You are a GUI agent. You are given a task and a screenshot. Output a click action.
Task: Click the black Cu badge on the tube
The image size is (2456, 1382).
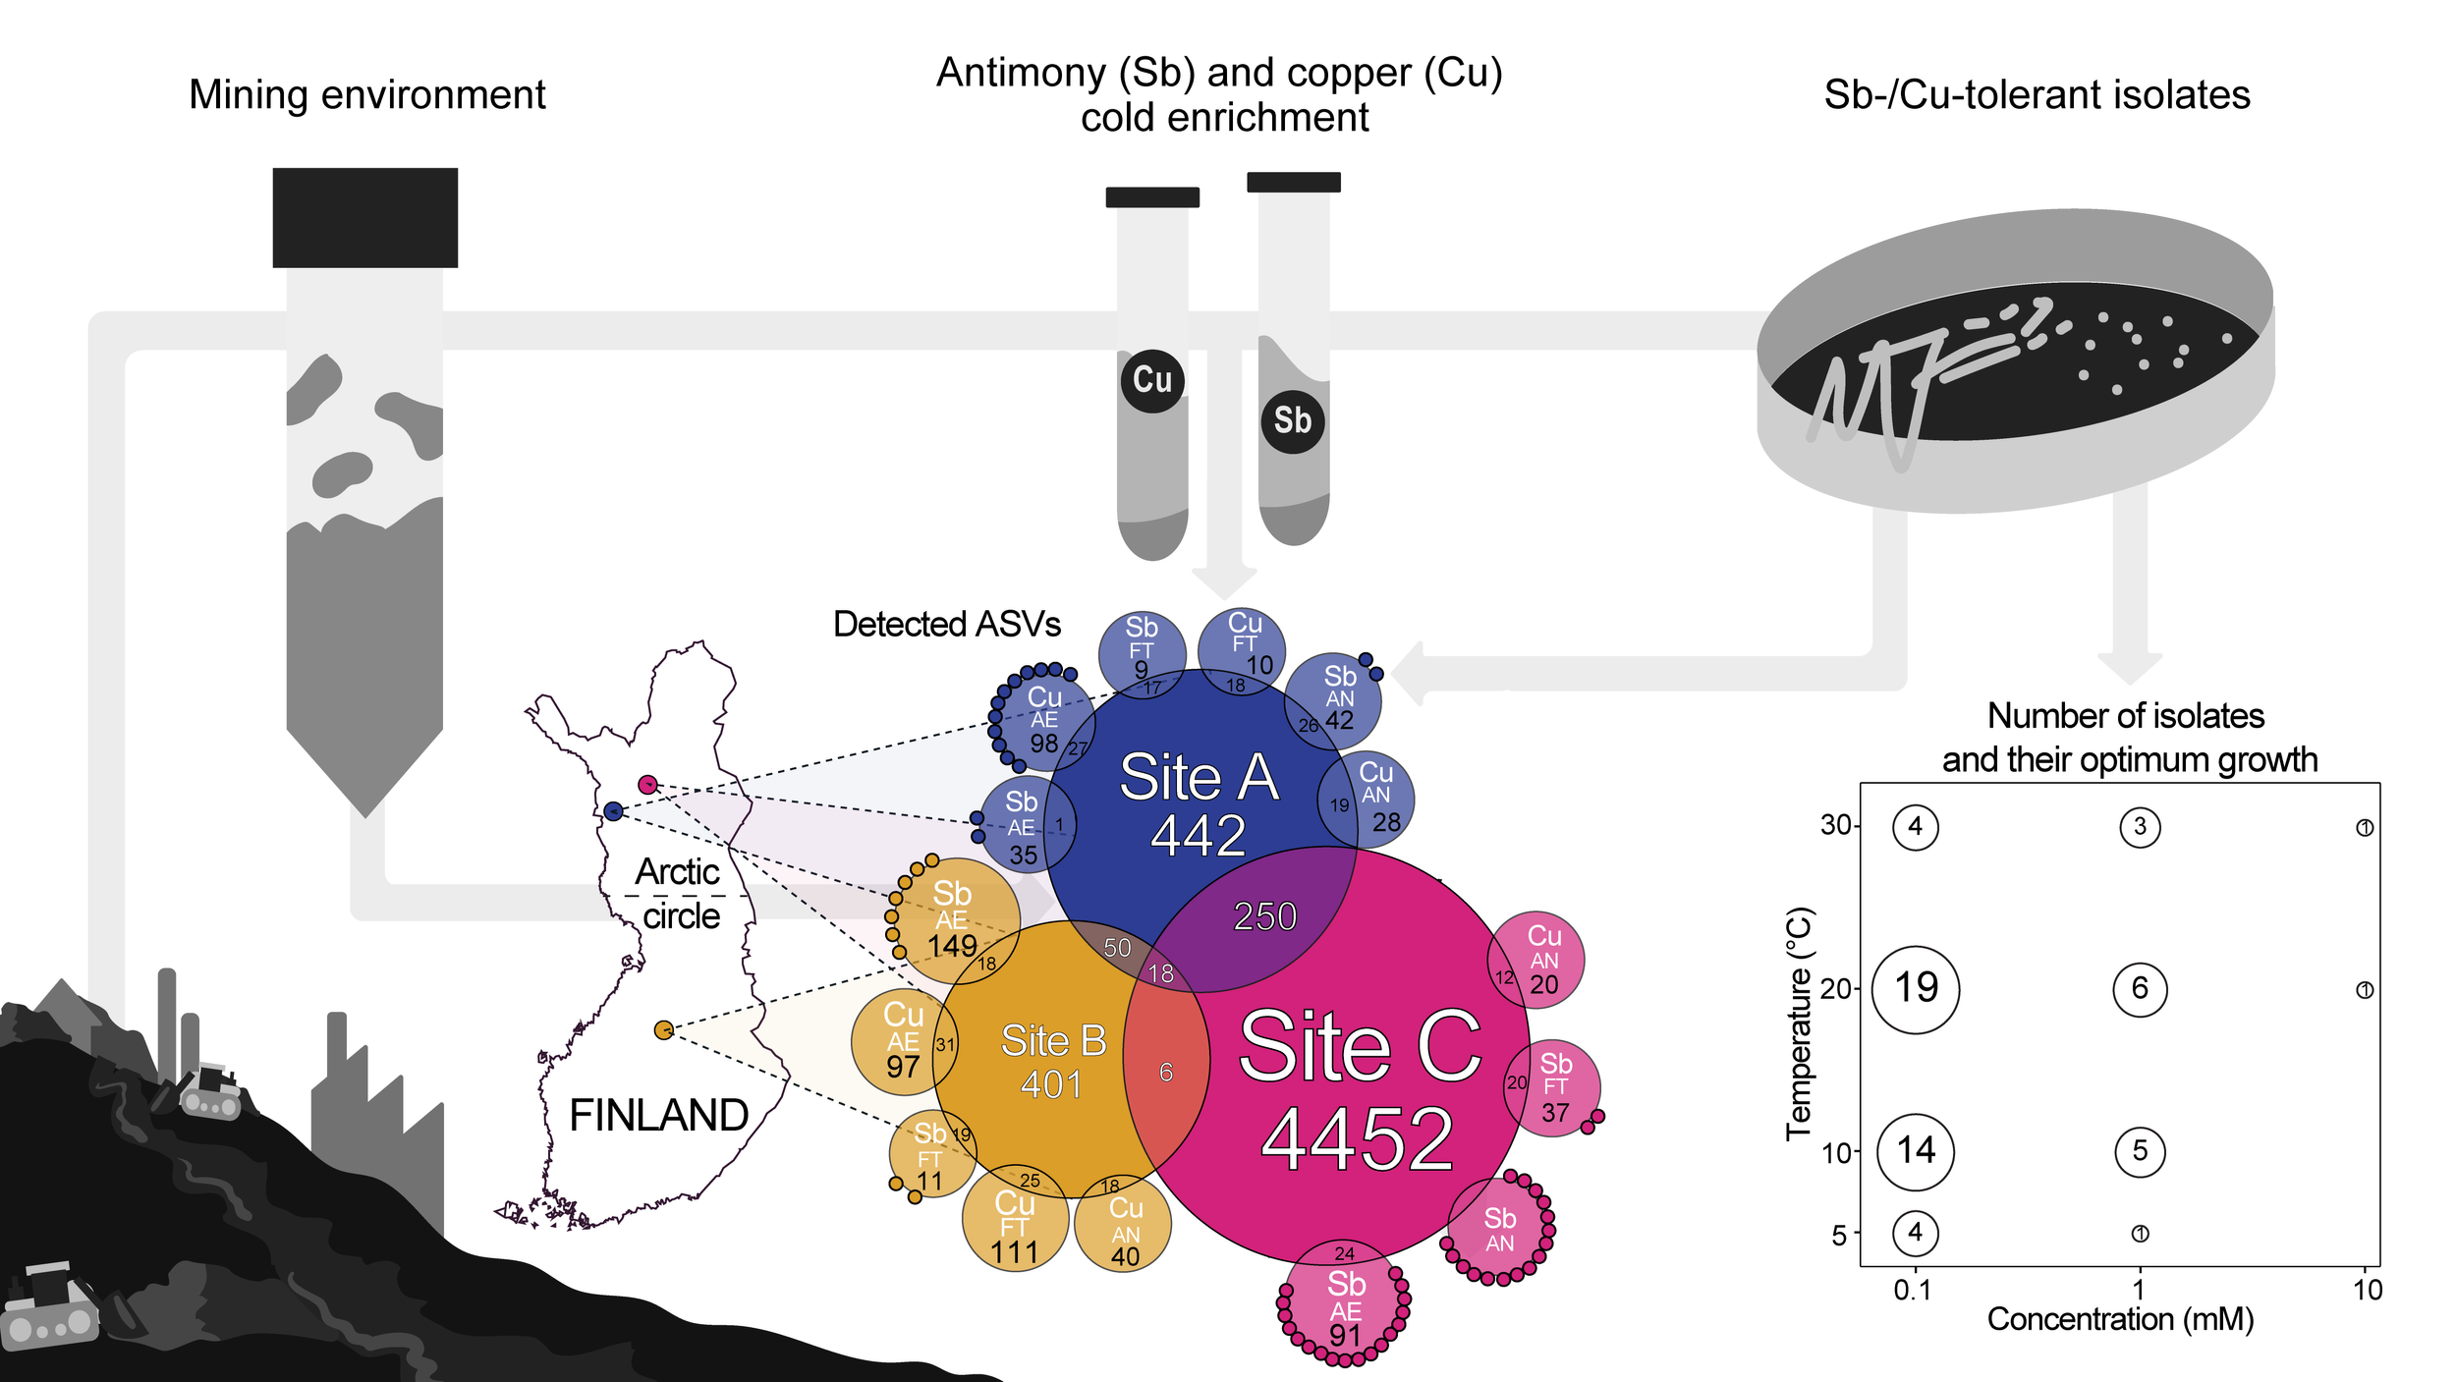coord(1151,380)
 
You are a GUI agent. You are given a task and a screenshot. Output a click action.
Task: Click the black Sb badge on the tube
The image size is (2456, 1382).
coord(1292,421)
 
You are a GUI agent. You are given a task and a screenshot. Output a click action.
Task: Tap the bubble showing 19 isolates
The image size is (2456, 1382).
coord(1915,988)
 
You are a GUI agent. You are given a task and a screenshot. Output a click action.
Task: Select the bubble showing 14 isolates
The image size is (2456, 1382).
coord(1915,1150)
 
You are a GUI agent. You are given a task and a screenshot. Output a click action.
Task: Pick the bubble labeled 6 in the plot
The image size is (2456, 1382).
coord(2139,988)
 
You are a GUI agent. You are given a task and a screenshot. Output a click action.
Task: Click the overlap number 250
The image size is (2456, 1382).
coord(1264,916)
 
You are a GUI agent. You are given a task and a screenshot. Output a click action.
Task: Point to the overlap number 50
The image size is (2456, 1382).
coord(1117,948)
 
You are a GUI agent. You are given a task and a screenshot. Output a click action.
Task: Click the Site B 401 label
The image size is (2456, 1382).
coord(1053,1061)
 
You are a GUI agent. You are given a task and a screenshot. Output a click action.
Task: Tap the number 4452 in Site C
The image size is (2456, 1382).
coord(1357,1139)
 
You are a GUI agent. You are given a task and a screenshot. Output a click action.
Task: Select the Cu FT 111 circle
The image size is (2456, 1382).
coord(1015,1223)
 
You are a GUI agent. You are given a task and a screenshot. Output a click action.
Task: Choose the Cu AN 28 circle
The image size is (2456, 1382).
coord(1375,799)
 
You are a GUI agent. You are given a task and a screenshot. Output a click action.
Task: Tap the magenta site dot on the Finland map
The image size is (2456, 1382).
coord(647,784)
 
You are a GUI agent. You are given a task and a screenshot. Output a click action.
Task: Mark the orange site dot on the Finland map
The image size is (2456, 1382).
coord(664,1029)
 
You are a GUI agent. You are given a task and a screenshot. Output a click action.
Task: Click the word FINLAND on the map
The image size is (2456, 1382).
coord(658,1116)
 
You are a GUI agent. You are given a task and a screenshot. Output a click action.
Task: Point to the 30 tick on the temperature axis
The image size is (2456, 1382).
coord(1835,825)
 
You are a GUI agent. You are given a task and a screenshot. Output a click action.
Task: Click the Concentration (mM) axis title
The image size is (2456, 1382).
coord(2120,1319)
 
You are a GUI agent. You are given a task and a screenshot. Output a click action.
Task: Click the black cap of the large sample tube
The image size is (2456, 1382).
coord(364,217)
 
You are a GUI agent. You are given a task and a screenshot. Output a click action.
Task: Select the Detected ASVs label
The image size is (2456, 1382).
coord(946,625)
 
